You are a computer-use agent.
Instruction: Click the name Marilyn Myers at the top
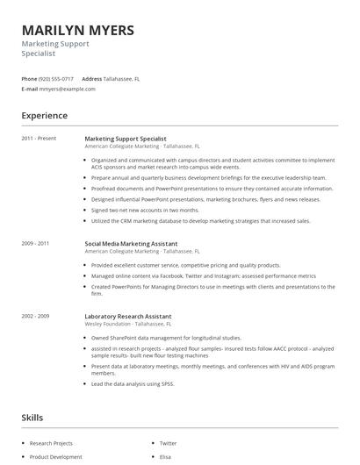(x=78, y=31)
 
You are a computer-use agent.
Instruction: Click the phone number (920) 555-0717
(x=56, y=78)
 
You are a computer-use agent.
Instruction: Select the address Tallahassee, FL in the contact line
(x=122, y=78)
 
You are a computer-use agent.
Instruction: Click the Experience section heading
(x=44, y=116)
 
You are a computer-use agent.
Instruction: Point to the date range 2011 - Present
(x=39, y=139)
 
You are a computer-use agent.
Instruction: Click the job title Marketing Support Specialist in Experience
(x=125, y=139)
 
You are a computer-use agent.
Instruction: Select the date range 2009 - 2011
(x=35, y=242)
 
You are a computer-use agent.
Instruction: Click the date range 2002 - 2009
(x=35, y=316)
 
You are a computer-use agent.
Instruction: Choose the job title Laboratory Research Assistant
(x=128, y=316)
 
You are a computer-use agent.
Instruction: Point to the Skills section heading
(x=32, y=418)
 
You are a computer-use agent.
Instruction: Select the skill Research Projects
(x=51, y=443)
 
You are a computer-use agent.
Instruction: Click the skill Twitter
(x=168, y=443)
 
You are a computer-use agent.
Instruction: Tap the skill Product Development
(x=55, y=456)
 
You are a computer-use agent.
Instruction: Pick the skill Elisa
(x=165, y=456)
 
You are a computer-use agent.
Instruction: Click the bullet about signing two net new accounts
(x=145, y=210)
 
